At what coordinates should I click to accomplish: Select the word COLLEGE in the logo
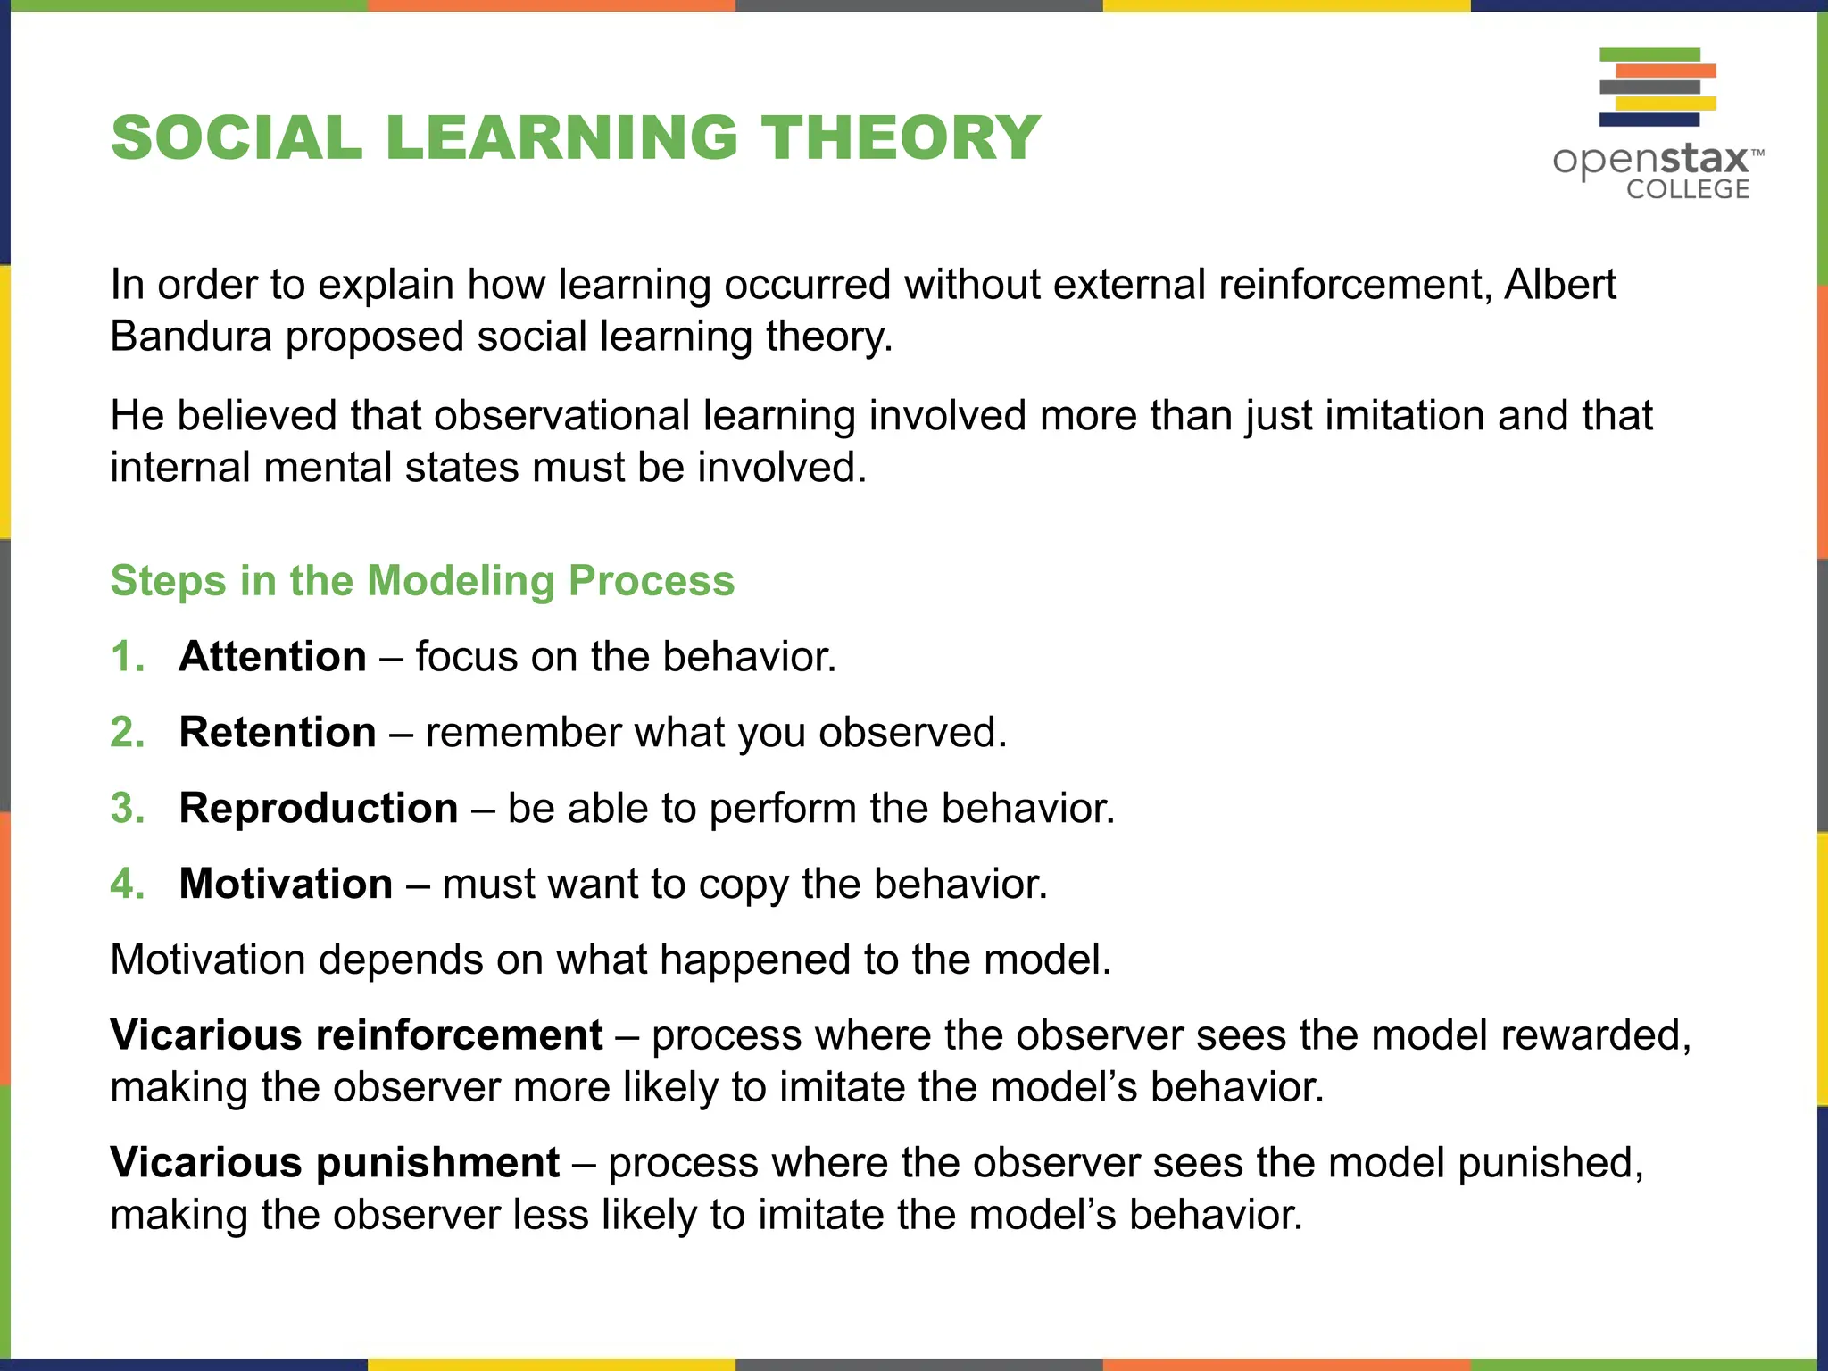[x=1687, y=189]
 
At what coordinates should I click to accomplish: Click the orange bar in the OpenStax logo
[x=1666, y=71]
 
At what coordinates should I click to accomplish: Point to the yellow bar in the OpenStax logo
[x=1666, y=104]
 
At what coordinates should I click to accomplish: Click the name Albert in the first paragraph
[x=1559, y=285]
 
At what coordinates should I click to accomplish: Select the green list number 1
[x=126, y=657]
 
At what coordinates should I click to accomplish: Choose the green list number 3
[x=127, y=809]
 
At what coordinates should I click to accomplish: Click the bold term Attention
[x=272, y=657]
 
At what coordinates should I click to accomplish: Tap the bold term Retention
[x=278, y=733]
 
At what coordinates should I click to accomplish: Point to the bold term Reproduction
[x=319, y=809]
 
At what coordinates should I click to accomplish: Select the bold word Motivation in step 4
[x=286, y=884]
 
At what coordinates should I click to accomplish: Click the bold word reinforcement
[x=459, y=1035]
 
